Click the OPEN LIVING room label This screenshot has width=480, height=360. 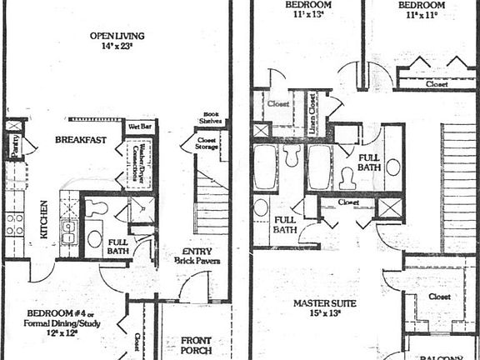117,36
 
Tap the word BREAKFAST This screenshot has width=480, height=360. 80,140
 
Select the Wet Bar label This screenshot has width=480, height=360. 137,127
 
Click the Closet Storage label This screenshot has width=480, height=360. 207,144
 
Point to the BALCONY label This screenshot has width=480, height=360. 440,356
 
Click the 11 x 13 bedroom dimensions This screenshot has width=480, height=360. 306,15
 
